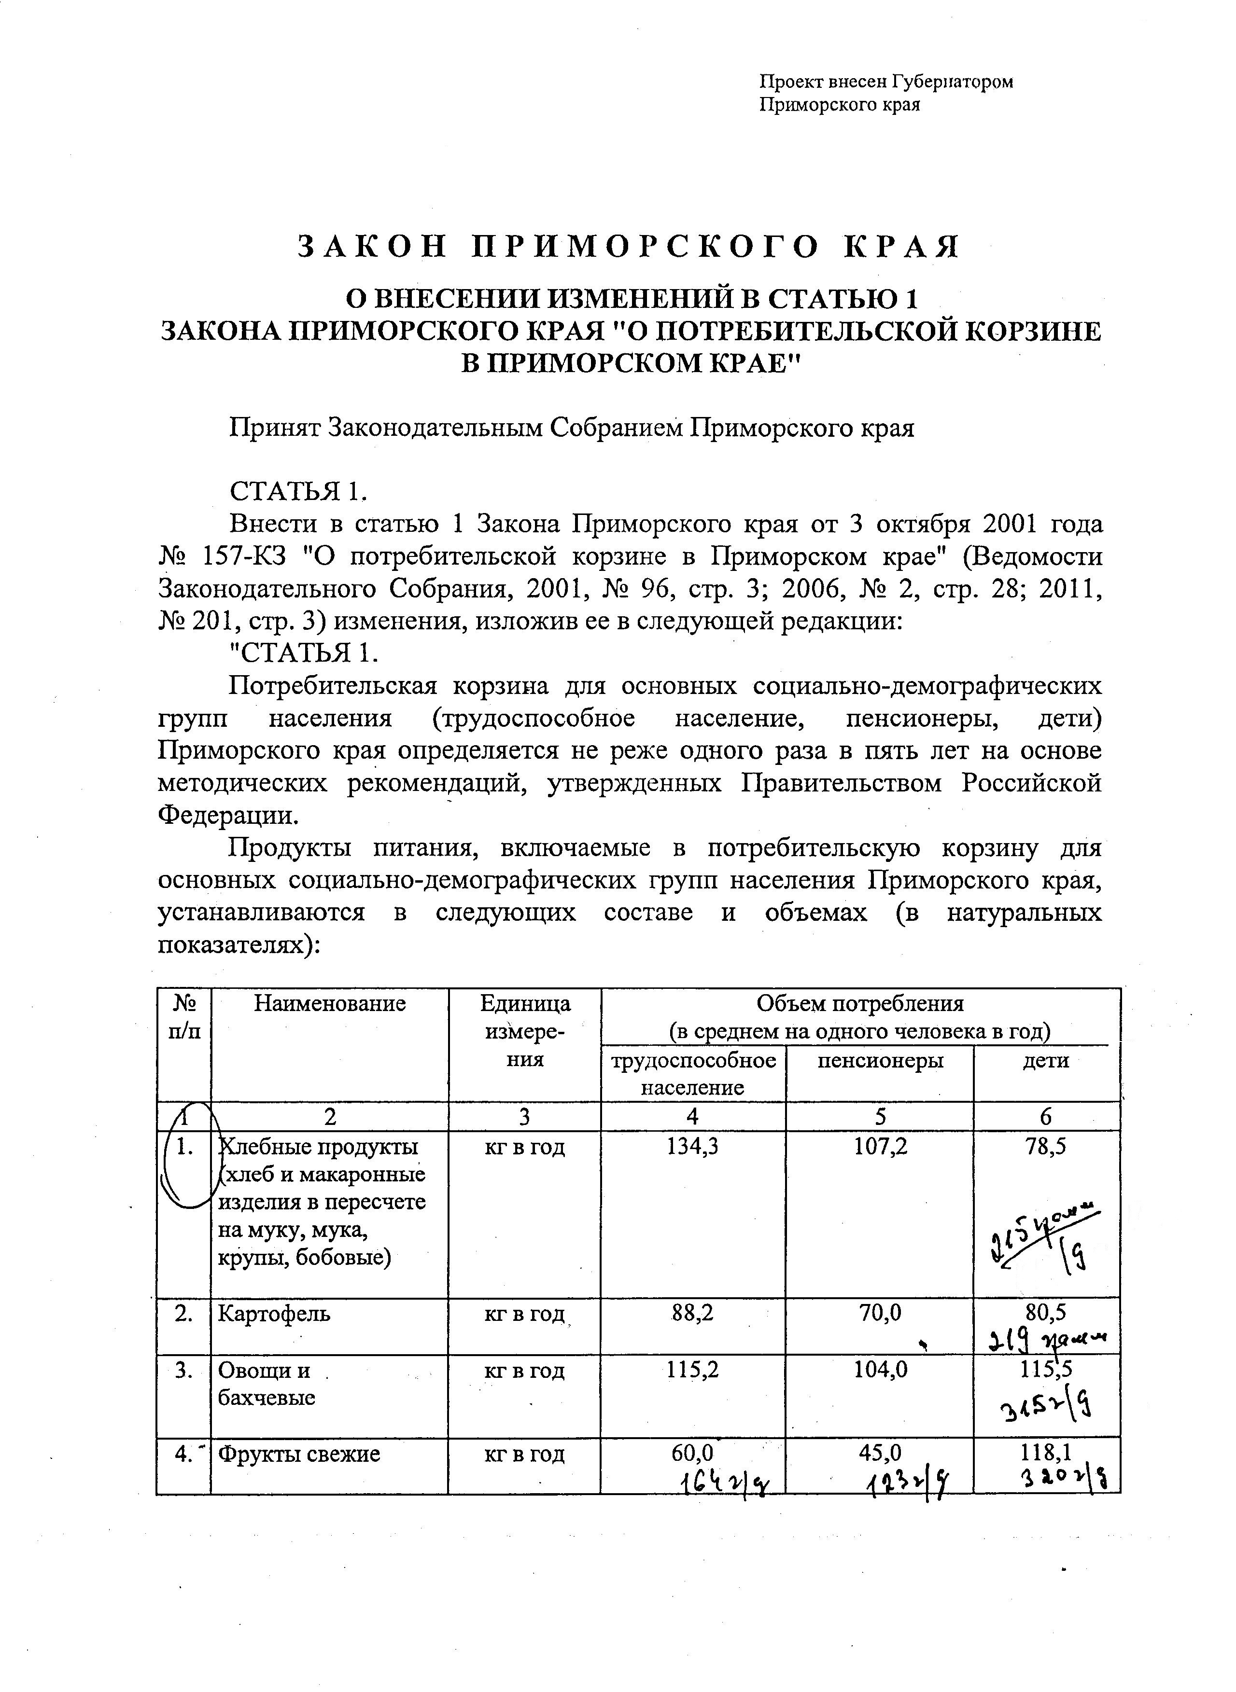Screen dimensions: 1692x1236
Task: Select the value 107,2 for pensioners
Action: (x=880, y=1147)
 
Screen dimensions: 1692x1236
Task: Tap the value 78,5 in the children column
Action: (x=1045, y=1147)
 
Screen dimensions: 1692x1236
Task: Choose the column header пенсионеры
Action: (x=880, y=1061)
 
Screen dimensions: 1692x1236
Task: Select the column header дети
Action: (x=1045, y=1061)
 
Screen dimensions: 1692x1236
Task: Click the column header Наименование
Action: (x=329, y=1003)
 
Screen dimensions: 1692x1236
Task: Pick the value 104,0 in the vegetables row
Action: (x=880, y=1371)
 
